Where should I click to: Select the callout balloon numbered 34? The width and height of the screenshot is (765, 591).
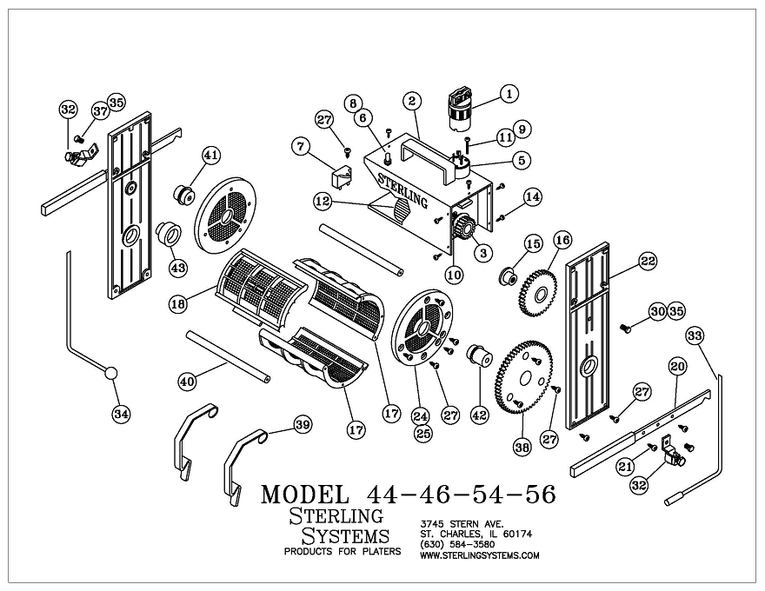(121, 415)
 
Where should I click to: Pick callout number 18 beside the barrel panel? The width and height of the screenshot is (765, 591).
(178, 304)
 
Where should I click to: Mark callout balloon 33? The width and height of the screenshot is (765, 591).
(694, 335)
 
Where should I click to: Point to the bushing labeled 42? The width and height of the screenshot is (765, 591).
(478, 357)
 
